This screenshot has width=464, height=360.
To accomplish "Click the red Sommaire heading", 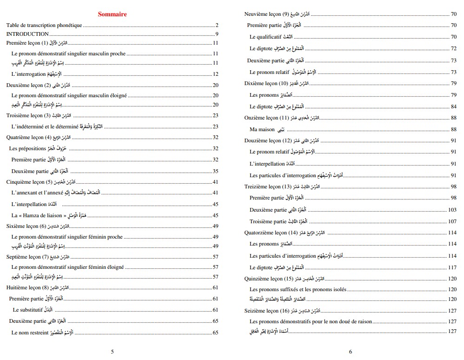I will click(112, 14).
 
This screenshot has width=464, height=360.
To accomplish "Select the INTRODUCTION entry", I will click(27, 34).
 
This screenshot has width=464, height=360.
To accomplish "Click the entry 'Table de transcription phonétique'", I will click(44, 25).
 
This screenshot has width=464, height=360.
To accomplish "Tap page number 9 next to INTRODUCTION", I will click(217, 34).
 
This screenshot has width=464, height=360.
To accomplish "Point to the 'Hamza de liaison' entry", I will click(42, 215).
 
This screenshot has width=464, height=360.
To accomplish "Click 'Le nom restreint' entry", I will click(30, 333).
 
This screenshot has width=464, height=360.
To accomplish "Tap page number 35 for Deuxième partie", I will click(215, 171).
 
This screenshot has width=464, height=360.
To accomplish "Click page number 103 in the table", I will click(452, 210).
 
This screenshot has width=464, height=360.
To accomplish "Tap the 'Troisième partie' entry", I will click(268, 221).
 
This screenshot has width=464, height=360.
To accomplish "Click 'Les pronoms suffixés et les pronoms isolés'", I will click(298, 289).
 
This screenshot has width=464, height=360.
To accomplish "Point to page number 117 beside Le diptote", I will click(452, 267).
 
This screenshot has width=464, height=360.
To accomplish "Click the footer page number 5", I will click(112, 352).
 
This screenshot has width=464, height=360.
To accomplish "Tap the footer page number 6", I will click(350, 352).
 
